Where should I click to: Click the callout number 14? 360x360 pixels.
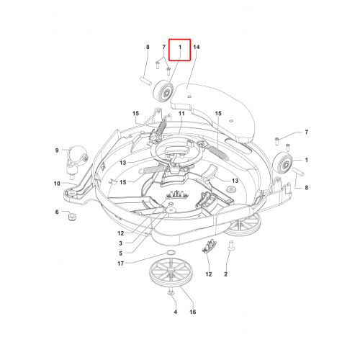(197, 47)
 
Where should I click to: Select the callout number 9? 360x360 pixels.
(57, 150)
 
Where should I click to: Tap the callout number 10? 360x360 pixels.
(57, 184)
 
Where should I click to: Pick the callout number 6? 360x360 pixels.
(57, 212)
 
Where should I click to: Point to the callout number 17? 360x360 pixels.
(120, 264)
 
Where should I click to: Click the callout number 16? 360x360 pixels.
(193, 312)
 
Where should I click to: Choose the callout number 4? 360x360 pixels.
(176, 312)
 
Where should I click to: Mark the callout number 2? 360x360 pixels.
(225, 274)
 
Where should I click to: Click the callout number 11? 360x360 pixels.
(181, 113)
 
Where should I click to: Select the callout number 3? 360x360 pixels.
(120, 243)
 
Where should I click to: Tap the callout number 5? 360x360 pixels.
(120, 253)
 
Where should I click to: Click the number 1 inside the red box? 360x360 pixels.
(180, 47)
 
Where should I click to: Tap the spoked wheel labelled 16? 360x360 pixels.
(171, 272)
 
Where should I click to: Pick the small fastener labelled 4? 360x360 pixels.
(171, 292)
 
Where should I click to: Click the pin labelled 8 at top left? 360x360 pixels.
(145, 80)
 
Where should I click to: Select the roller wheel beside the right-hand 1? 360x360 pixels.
(284, 163)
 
